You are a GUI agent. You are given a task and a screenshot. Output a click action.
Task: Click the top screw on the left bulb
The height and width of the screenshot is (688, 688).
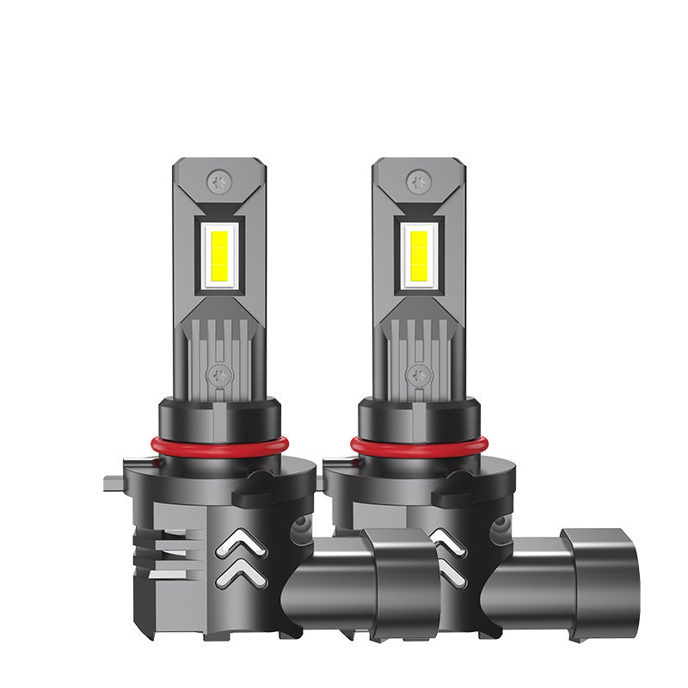click(x=218, y=181)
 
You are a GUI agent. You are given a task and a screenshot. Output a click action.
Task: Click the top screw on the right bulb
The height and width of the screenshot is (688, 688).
click(x=419, y=181)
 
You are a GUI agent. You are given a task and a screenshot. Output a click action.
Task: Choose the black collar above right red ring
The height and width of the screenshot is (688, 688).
click(x=419, y=419)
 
